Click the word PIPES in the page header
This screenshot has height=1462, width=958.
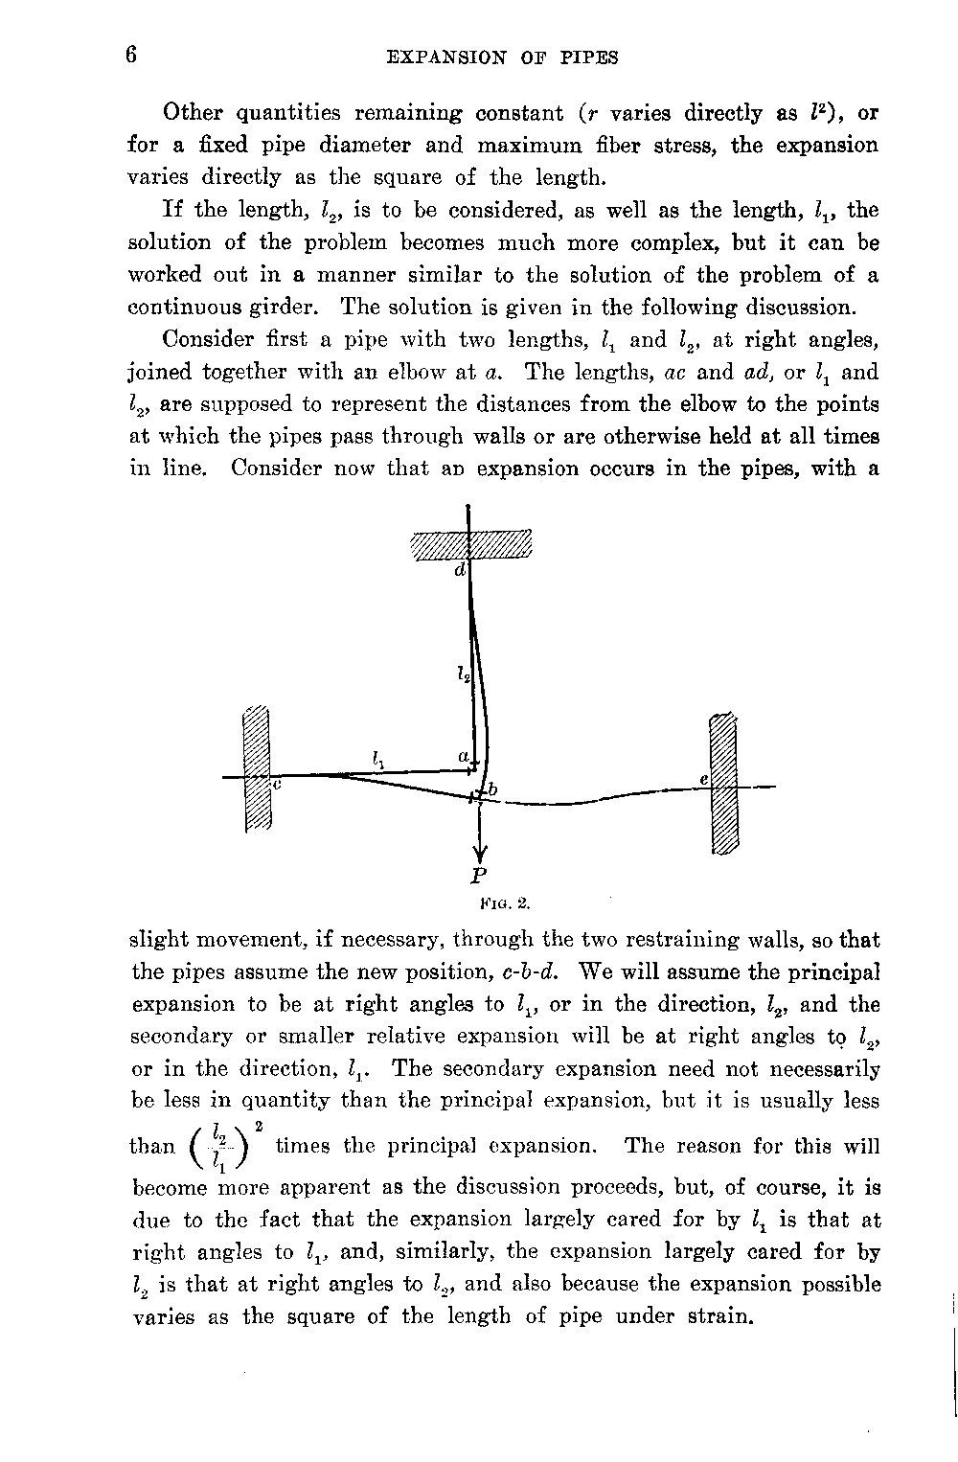coord(586,57)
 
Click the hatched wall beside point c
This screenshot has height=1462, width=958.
coord(257,768)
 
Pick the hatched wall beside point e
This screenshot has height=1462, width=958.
coord(723,782)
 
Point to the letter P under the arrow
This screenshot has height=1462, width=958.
coord(479,875)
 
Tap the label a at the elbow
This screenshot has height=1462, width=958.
coord(463,756)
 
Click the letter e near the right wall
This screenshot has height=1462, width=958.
coord(703,781)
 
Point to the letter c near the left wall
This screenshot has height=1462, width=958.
coord(276,784)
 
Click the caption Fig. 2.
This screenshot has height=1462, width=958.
coord(504,902)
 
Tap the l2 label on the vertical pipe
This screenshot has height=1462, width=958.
coord(463,674)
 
